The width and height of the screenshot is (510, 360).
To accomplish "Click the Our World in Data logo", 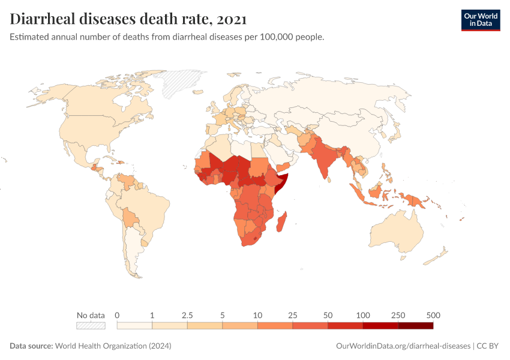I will (x=480, y=19).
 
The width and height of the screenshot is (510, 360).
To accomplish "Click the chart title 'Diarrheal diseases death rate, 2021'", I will (x=128, y=19).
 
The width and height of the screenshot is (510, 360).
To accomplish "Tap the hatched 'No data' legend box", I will (x=91, y=325).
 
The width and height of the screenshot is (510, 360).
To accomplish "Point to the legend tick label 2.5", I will (x=187, y=315).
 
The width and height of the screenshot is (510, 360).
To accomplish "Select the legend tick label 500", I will (x=433, y=315).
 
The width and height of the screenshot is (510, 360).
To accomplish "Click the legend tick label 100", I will (x=363, y=315).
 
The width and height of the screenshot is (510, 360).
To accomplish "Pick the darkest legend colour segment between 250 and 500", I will (x=415, y=325).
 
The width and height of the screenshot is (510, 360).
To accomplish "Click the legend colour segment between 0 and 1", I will (x=134, y=325).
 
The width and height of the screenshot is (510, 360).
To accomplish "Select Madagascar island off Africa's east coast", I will (x=283, y=222).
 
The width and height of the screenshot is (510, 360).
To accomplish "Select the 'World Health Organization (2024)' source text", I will (x=113, y=346).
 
